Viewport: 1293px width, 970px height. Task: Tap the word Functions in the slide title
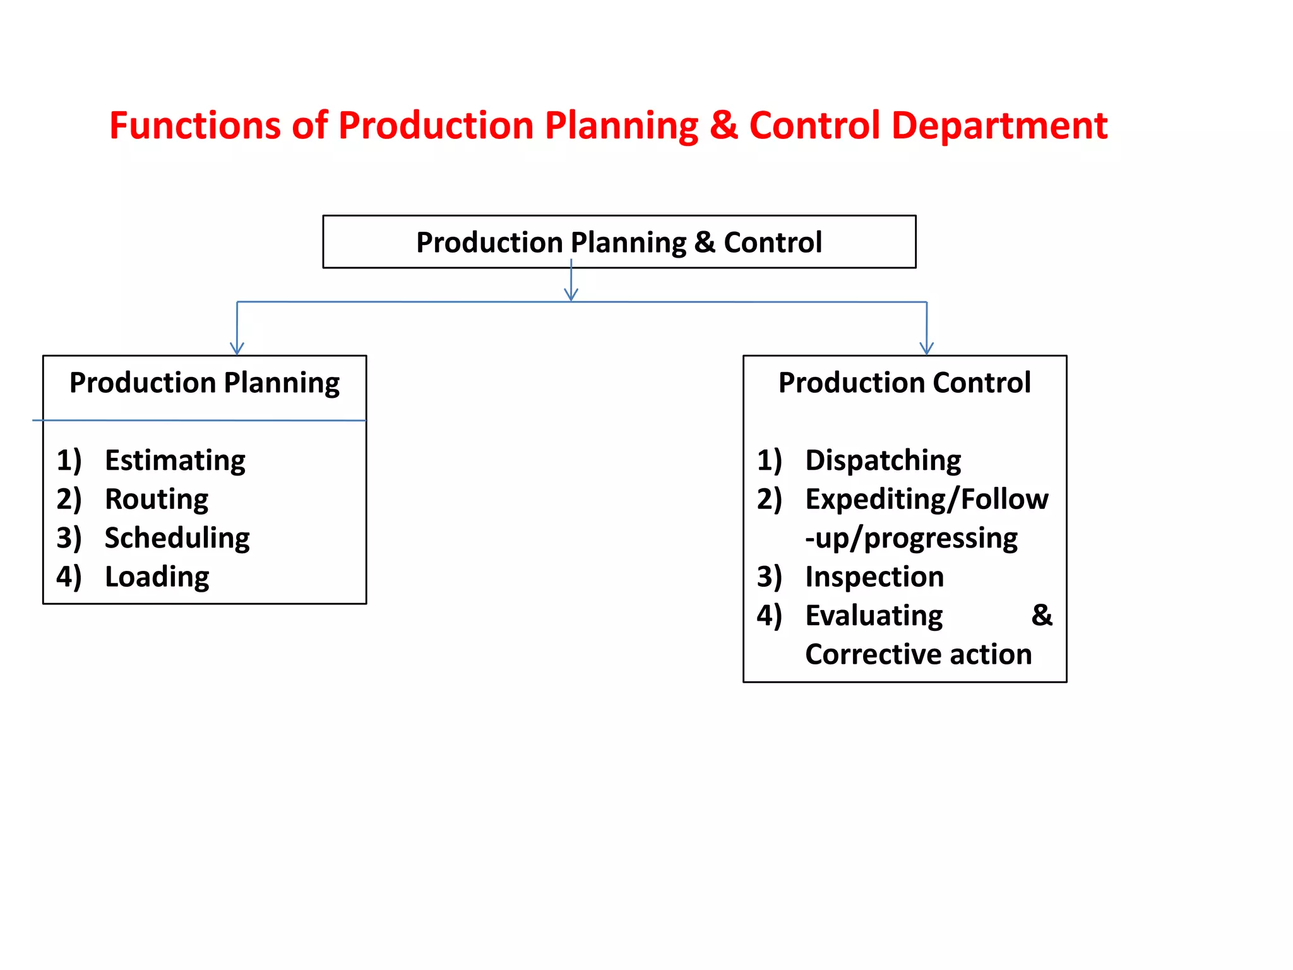pyautogui.click(x=195, y=126)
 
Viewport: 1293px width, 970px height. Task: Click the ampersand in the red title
pyautogui.click(x=723, y=126)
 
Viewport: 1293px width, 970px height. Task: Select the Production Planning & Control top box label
pyautogui.click(x=619, y=242)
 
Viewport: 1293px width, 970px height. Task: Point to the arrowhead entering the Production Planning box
pyautogui.click(x=237, y=348)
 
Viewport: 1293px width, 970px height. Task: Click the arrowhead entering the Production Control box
pyautogui.click(x=926, y=348)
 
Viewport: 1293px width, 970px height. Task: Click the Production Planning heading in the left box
pyautogui.click(x=205, y=383)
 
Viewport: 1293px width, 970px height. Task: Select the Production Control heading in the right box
pyautogui.click(x=904, y=383)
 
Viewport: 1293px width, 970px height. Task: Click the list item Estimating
pyautogui.click(x=175, y=460)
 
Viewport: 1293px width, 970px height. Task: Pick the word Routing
pyautogui.click(x=157, y=500)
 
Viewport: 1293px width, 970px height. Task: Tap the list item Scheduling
pyautogui.click(x=177, y=538)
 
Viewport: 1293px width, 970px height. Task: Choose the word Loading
pyautogui.click(x=157, y=577)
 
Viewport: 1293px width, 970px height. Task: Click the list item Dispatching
pyautogui.click(x=883, y=460)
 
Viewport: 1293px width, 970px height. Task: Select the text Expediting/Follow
pyautogui.click(x=926, y=500)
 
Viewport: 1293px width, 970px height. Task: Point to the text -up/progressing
pyautogui.click(x=911, y=539)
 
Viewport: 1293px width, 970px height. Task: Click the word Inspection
pyautogui.click(x=874, y=577)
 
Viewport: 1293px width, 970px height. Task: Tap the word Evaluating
pyautogui.click(x=874, y=616)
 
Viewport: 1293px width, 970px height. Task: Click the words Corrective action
pyautogui.click(x=918, y=655)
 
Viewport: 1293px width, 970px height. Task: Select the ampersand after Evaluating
pyautogui.click(x=1042, y=616)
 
